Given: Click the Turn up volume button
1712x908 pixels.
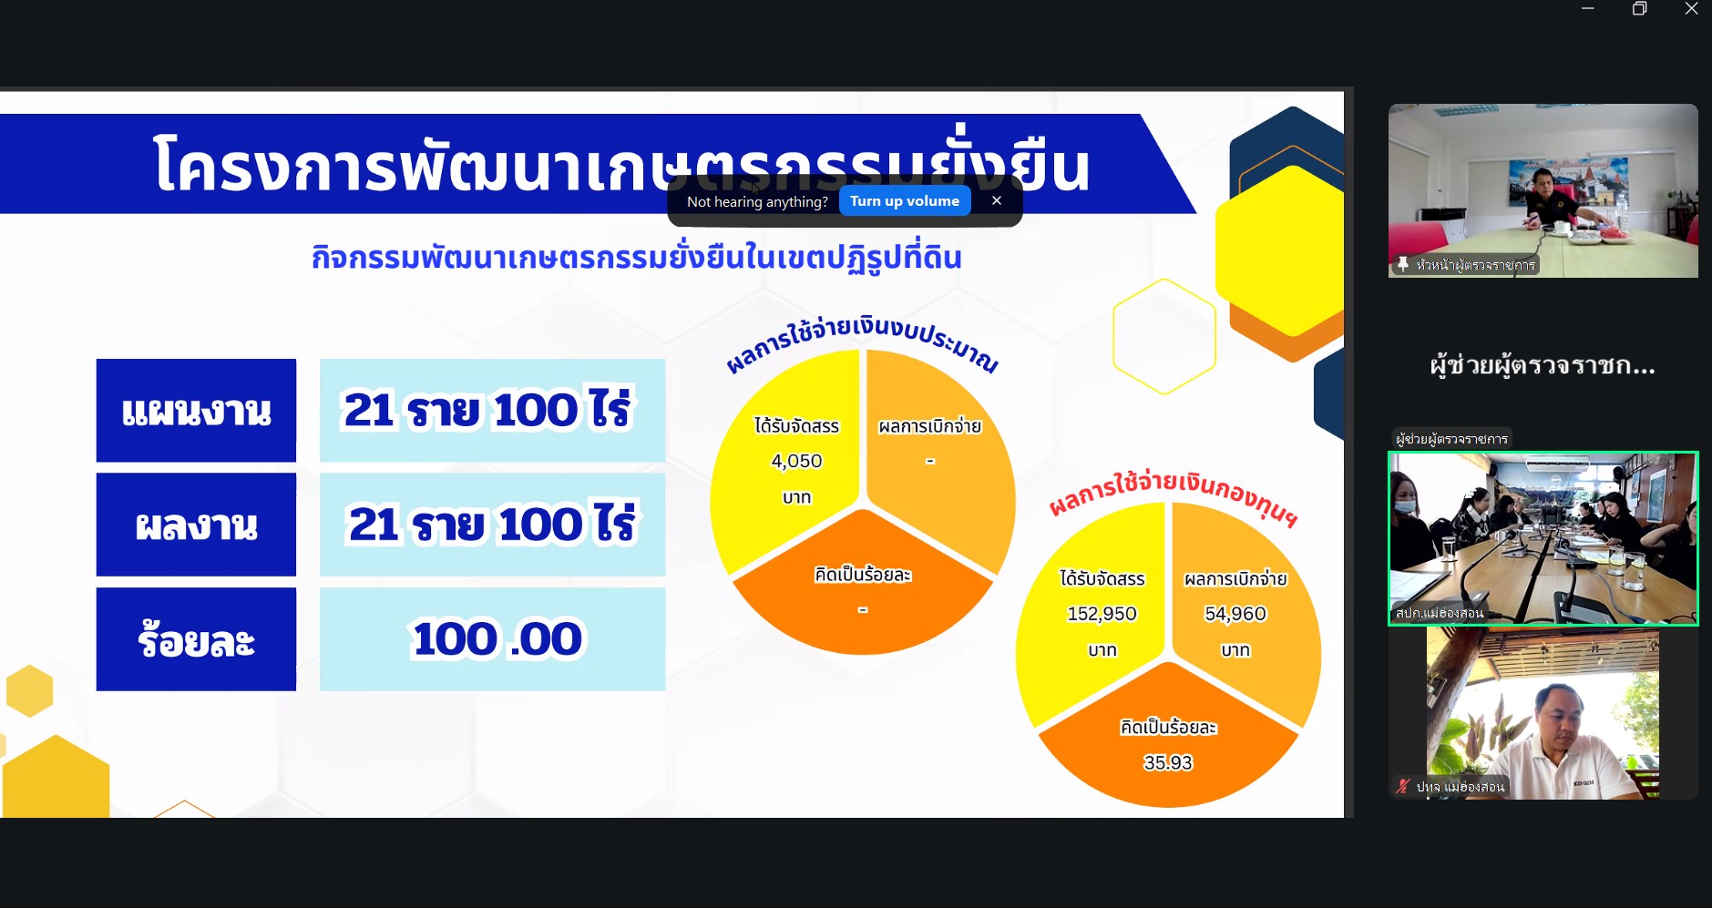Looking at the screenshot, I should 904,201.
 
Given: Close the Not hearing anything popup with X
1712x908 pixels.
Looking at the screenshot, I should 997,200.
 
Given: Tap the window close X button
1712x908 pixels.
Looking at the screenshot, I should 1691,9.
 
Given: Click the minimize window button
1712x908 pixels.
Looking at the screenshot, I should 1588,9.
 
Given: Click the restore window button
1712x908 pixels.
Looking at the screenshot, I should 1639,9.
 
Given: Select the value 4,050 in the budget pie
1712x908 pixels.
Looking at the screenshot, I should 796,462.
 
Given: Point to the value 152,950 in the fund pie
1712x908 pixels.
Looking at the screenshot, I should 1102,615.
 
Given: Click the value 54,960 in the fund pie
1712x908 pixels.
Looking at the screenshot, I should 1235,615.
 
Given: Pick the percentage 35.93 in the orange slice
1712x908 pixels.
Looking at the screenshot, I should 1168,763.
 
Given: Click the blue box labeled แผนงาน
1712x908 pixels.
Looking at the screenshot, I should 196,411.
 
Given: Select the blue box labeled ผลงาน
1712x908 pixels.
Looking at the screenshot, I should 196,525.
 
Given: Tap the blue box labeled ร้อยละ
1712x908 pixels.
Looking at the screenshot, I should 196,639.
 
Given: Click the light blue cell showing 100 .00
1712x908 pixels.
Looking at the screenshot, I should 492,639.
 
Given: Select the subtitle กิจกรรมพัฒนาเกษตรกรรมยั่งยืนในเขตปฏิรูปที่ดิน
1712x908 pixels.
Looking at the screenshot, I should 636,258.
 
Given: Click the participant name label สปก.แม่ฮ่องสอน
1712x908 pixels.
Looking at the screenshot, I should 1440,613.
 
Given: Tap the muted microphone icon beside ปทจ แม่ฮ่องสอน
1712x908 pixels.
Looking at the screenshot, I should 1402,786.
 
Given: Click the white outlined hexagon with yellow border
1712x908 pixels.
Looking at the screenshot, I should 1164,337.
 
